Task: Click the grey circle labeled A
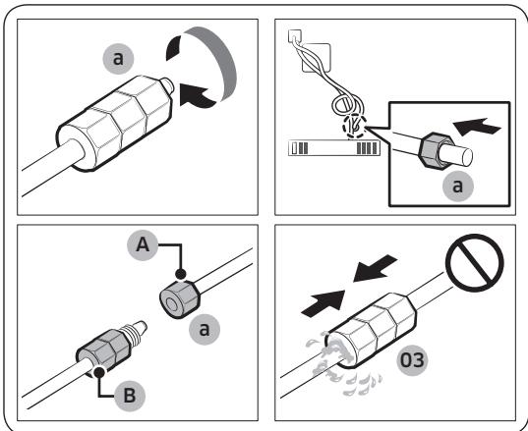click(143, 245)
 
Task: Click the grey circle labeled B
click(130, 396)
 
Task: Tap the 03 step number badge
click(413, 360)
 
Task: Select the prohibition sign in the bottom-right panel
click(475, 263)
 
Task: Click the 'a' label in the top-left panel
click(118, 59)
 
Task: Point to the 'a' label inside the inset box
click(457, 186)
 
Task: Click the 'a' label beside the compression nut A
click(205, 330)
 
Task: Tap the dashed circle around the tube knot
click(354, 126)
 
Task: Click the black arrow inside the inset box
click(477, 127)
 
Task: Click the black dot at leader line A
click(181, 274)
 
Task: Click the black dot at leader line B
click(99, 372)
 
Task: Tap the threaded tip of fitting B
click(136, 330)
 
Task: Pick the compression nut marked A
click(179, 298)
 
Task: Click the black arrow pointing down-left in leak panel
click(375, 268)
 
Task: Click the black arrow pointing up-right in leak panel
click(323, 303)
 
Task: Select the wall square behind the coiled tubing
click(317, 58)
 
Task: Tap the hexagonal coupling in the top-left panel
click(115, 123)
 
